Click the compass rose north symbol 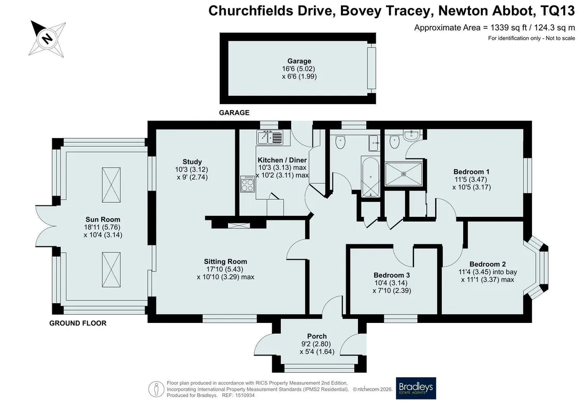[47, 38]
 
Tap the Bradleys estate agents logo [416, 388]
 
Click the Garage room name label [299, 61]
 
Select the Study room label [192, 161]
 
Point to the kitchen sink [270, 137]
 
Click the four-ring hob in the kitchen [248, 184]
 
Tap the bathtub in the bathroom [370, 176]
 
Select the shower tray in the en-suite [404, 173]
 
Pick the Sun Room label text [103, 219]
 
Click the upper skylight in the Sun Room [111, 185]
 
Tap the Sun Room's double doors [46, 226]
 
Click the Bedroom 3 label [392, 275]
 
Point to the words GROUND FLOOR [78, 323]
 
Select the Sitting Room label [225, 262]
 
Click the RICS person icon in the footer [156, 389]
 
